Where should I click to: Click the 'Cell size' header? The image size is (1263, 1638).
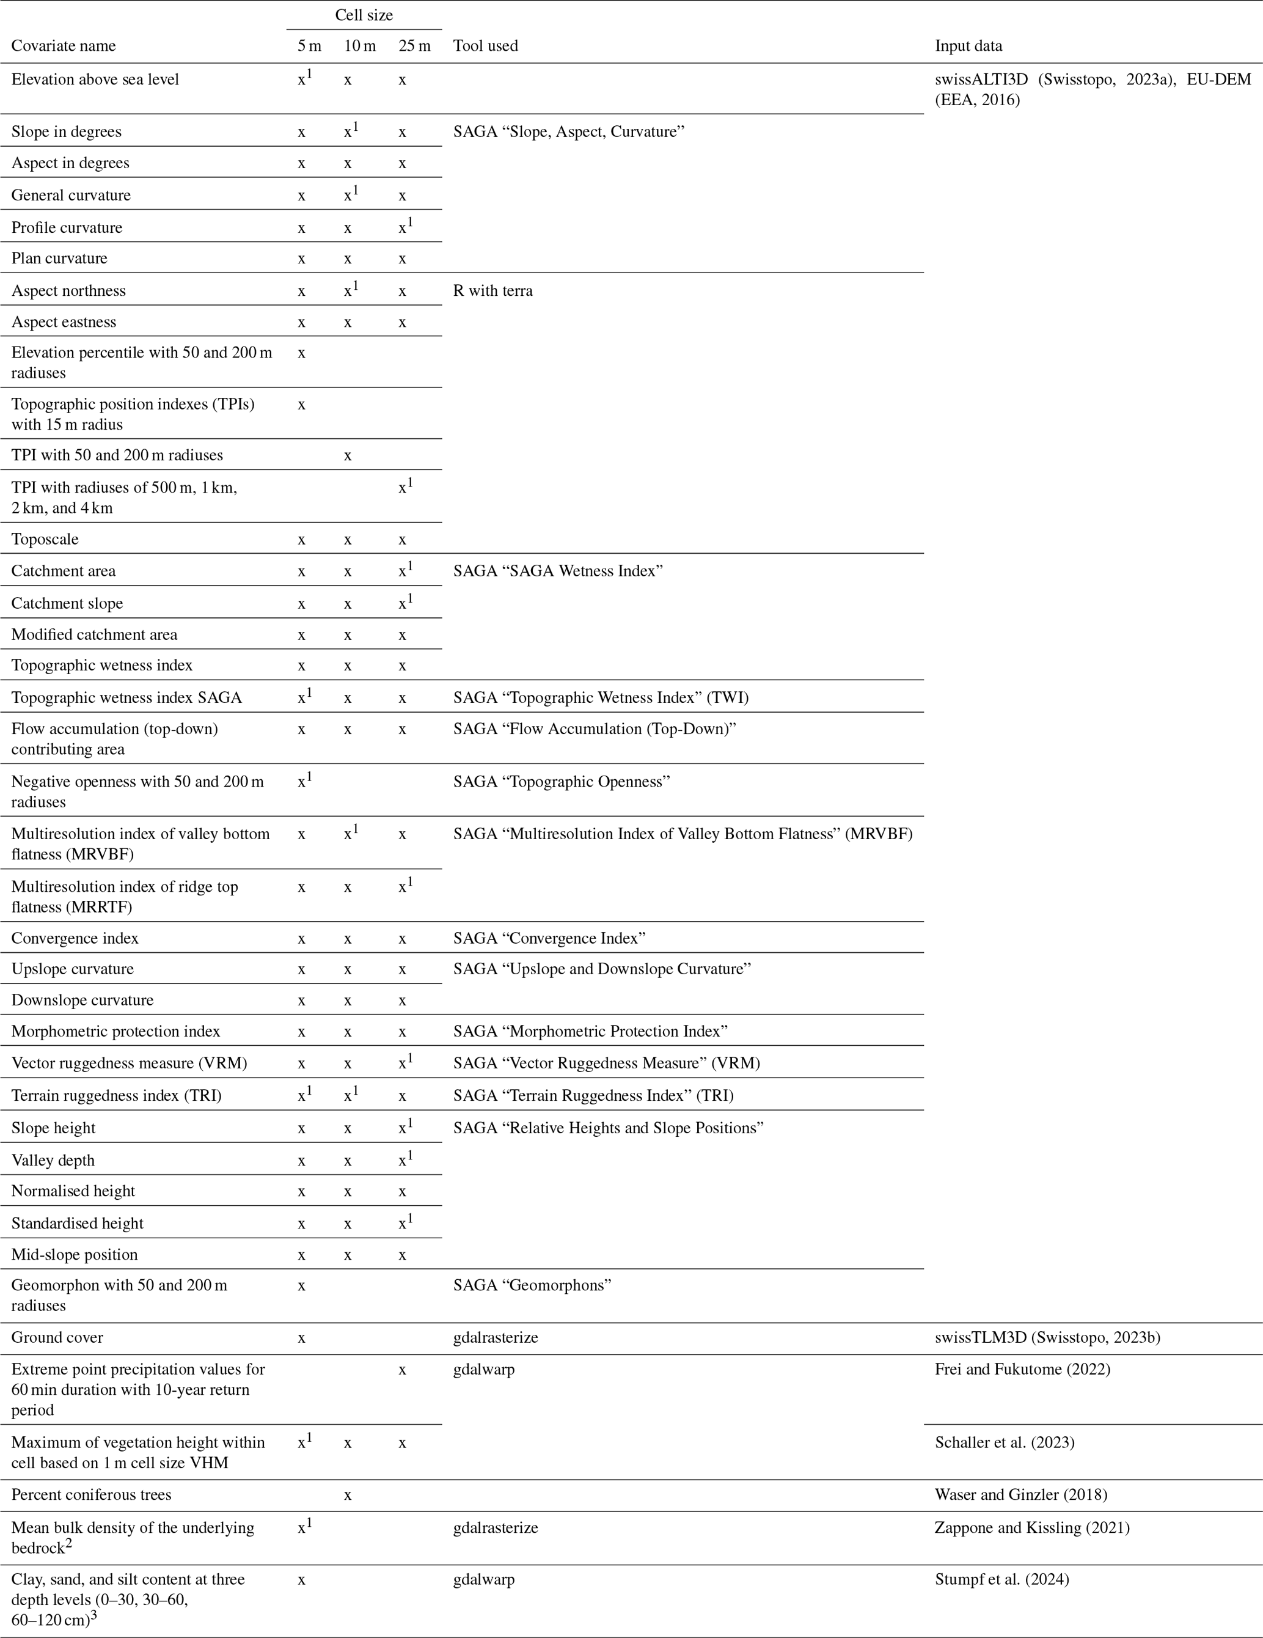coord(364,15)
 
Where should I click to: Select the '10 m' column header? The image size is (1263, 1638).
coord(359,46)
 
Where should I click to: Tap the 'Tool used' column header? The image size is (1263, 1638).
coord(485,46)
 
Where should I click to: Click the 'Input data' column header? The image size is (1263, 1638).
coord(967,46)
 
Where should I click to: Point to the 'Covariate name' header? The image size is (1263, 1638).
coord(64,46)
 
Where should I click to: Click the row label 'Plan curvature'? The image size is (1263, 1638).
coord(59,259)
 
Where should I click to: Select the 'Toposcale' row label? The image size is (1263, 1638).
coord(45,539)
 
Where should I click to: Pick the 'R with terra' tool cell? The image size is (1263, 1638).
coord(492,291)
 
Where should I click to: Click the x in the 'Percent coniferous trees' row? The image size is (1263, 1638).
coord(347,1495)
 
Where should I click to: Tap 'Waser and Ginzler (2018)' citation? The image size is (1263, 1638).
coord(1021,1495)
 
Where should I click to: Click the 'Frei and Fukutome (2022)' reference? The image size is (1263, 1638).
coord(1022,1370)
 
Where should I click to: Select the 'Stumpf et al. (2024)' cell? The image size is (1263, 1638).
coord(1002,1579)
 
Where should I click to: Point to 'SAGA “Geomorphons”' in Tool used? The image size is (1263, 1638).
coord(532,1285)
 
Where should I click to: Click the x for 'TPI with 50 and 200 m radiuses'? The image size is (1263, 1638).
coord(347,456)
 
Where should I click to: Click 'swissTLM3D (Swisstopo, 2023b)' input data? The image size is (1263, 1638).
coord(1047,1337)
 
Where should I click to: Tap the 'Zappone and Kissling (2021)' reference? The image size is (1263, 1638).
coord(1032,1528)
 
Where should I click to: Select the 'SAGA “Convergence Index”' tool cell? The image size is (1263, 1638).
coord(549,938)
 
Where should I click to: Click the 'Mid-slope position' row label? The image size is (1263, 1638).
coord(75,1255)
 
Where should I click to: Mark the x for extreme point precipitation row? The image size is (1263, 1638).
coord(402,1370)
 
